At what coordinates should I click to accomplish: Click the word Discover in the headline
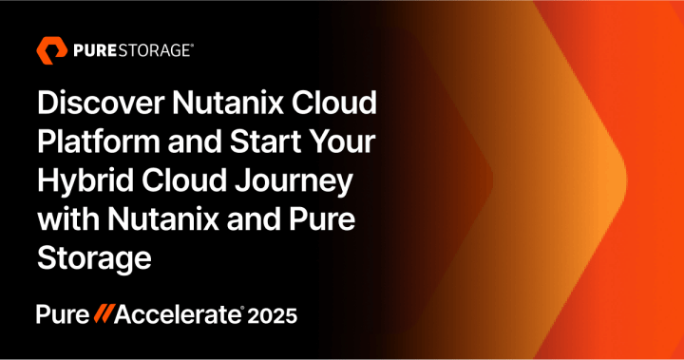104,102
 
